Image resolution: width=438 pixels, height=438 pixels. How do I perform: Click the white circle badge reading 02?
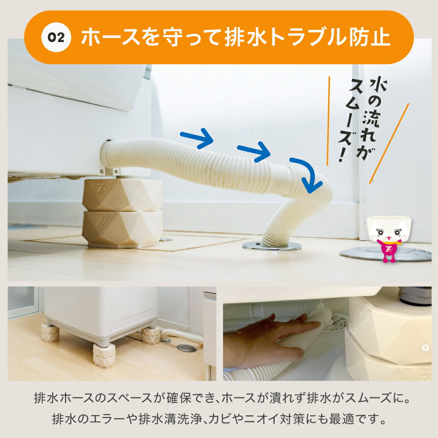point(56,37)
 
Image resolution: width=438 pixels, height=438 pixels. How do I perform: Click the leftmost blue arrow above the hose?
point(197,138)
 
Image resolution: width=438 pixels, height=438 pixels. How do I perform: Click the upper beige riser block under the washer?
point(123,195)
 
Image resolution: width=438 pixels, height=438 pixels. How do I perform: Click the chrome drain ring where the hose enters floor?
point(272,246)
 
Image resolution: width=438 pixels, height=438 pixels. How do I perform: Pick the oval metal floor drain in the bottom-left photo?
point(187,348)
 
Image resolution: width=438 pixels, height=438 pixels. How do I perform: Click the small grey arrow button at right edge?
point(425,347)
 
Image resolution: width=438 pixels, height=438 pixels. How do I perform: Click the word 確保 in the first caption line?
point(179,398)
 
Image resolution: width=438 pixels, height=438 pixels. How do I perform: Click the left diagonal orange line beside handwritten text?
point(328,121)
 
